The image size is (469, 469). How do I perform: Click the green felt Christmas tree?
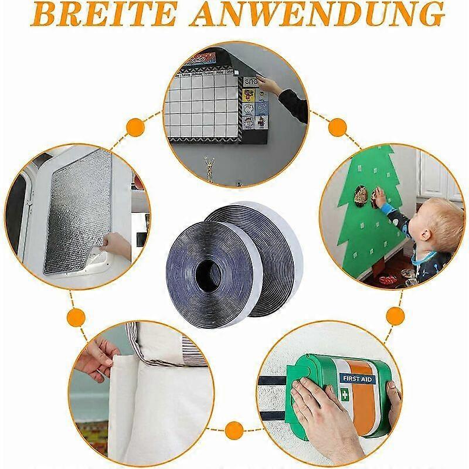[x=363, y=211]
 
